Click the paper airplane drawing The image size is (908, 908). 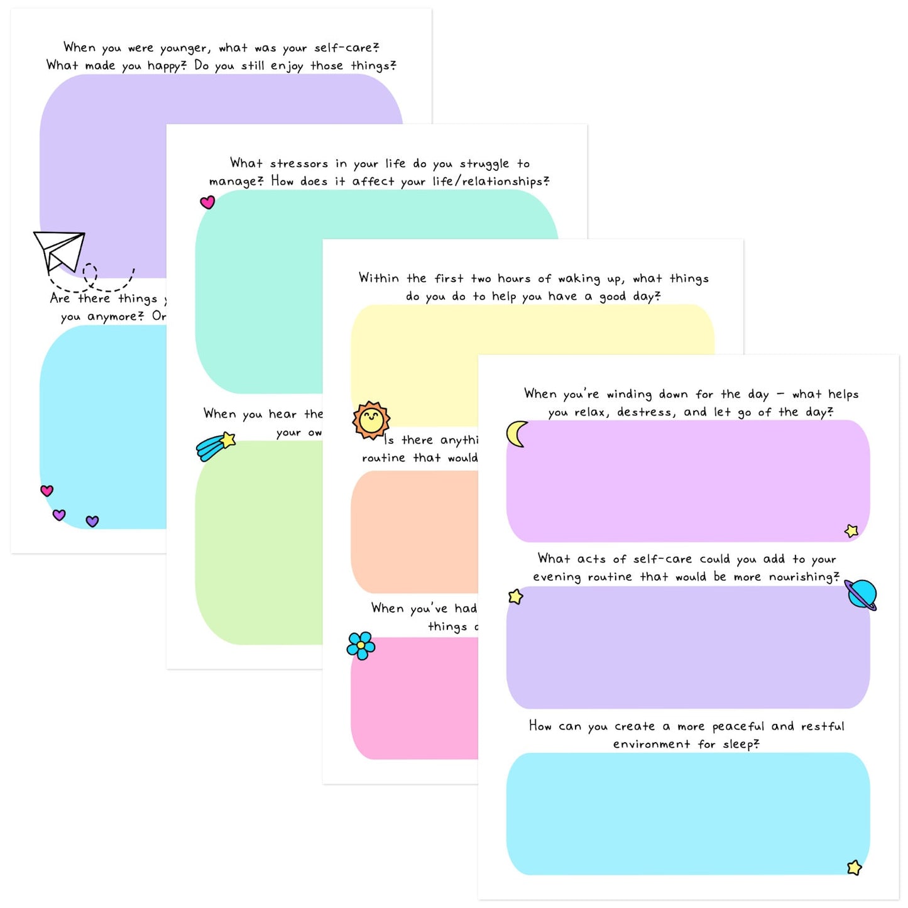(60, 250)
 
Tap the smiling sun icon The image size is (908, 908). (371, 420)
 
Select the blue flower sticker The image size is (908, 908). (361, 645)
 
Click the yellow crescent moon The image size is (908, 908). (517, 434)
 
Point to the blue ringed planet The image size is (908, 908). (861, 594)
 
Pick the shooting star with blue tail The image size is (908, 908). (216, 446)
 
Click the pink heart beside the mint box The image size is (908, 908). (207, 202)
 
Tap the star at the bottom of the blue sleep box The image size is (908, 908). (854, 868)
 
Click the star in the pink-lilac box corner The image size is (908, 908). (851, 531)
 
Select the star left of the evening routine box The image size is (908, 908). (516, 596)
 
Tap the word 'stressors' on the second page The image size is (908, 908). (299, 164)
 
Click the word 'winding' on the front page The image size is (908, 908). (629, 395)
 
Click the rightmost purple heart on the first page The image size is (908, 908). (92, 521)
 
